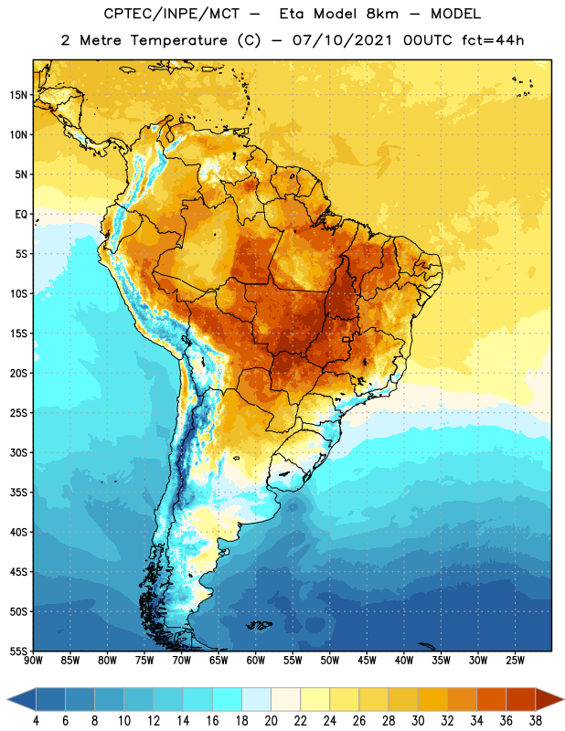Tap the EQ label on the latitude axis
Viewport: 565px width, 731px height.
tap(21, 215)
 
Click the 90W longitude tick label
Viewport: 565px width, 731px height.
tap(33, 661)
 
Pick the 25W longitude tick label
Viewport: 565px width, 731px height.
tap(515, 661)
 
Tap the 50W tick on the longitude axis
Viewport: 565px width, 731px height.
tap(329, 661)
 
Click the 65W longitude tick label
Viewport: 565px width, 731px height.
tap(219, 661)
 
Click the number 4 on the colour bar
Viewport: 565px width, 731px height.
tap(36, 721)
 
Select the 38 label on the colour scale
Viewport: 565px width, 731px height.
tap(536, 721)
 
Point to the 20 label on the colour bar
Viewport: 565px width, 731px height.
tap(271, 721)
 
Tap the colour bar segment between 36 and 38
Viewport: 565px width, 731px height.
tap(521, 700)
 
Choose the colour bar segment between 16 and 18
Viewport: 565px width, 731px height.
tap(227, 700)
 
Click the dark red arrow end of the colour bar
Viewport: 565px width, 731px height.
tap(549, 700)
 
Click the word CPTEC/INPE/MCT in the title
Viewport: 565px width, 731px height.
tap(171, 14)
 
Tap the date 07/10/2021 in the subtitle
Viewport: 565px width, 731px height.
tap(342, 40)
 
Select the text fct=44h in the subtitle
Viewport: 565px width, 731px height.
tap(493, 40)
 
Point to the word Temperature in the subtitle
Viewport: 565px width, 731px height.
tap(178, 41)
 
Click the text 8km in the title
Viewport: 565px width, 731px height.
tap(382, 14)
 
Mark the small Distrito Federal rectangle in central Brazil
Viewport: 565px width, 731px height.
tap(346, 339)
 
